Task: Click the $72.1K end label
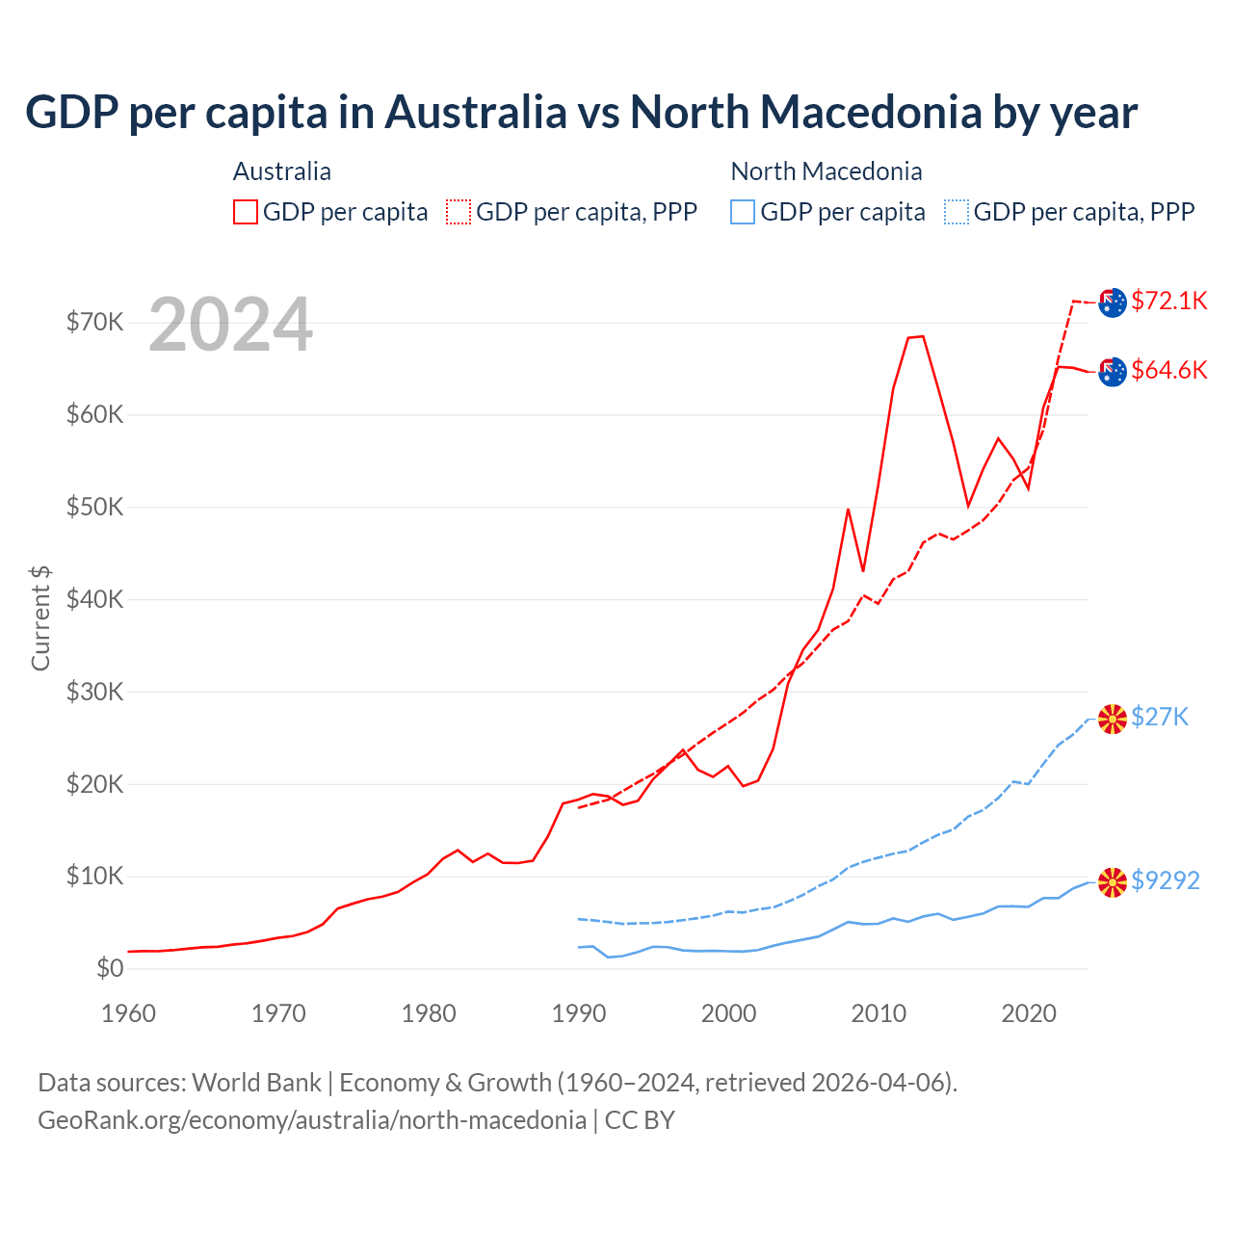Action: tap(1168, 301)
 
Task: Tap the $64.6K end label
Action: tap(1168, 370)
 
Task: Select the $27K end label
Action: tap(1160, 717)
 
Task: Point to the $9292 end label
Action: tap(1165, 880)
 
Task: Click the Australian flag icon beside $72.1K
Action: tap(1113, 302)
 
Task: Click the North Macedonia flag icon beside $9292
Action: tap(1113, 881)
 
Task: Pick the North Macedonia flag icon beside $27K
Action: tap(1113, 718)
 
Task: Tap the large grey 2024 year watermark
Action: tap(230, 325)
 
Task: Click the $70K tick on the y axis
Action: tap(94, 322)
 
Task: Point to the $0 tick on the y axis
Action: tap(110, 968)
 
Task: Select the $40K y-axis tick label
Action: tap(94, 599)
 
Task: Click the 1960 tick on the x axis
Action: tap(128, 1013)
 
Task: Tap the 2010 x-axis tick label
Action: tap(879, 1013)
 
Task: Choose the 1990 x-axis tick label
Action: tap(579, 1013)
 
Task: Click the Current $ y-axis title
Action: tap(40, 617)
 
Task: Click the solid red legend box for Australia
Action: tap(246, 212)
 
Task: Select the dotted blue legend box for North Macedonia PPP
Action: tap(957, 212)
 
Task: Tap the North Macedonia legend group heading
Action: tap(826, 171)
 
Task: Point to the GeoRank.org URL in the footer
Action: tap(312, 1120)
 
